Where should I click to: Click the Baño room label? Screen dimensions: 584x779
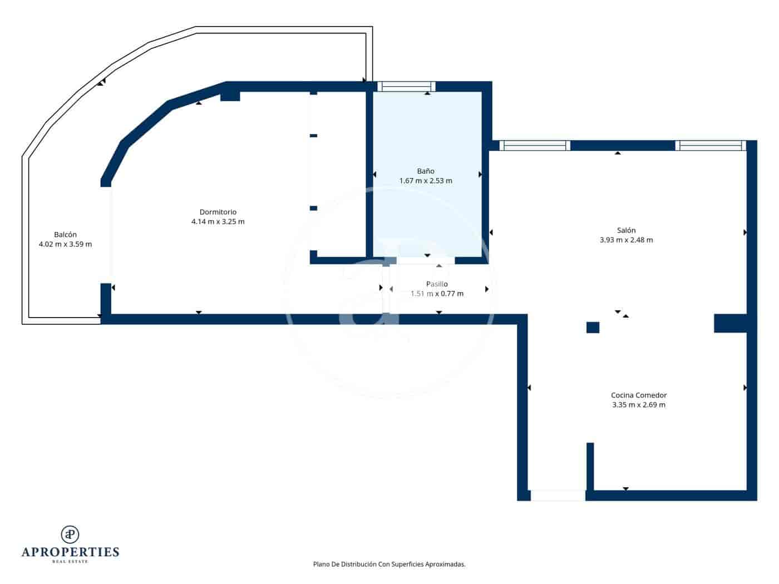[x=426, y=171]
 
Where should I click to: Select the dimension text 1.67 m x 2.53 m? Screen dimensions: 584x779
[x=426, y=181]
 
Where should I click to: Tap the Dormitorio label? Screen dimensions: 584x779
[x=218, y=212]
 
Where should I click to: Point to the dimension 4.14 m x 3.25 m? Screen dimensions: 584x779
[x=218, y=221]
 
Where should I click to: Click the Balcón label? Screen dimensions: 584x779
[x=65, y=235]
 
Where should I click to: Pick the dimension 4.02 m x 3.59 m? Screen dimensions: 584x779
[x=65, y=244]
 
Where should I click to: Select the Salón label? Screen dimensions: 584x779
[x=626, y=230]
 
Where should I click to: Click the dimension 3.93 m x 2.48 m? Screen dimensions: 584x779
[x=626, y=240]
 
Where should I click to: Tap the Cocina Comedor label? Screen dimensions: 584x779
[x=639, y=395]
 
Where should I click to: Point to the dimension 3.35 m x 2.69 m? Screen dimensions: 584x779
[x=639, y=405]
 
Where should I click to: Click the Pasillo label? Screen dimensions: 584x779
[x=437, y=284]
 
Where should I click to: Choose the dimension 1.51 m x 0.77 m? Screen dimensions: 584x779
[x=437, y=294]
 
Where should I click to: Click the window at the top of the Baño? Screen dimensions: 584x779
[x=406, y=86]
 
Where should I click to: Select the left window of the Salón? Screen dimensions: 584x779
[x=535, y=146]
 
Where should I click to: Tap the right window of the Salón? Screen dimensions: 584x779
[x=711, y=146]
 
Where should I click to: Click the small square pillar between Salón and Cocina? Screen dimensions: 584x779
[x=593, y=328]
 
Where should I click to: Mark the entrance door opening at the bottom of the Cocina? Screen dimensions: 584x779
[x=558, y=495]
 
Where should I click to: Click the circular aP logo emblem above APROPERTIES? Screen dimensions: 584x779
[x=70, y=534]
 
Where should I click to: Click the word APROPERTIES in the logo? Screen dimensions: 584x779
[x=70, y=552]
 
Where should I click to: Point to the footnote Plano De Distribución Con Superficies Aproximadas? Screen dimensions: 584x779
[x=389, y=564]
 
